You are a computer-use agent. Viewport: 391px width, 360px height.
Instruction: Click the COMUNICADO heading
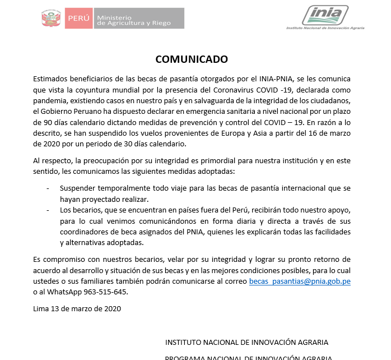point(191,59)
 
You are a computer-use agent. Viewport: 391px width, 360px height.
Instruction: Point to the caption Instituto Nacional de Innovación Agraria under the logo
point(325,27)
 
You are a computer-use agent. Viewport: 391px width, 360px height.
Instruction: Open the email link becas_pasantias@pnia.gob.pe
point(300,281)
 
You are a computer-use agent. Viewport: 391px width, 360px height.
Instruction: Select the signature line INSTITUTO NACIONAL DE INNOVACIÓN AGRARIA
point(246,342)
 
